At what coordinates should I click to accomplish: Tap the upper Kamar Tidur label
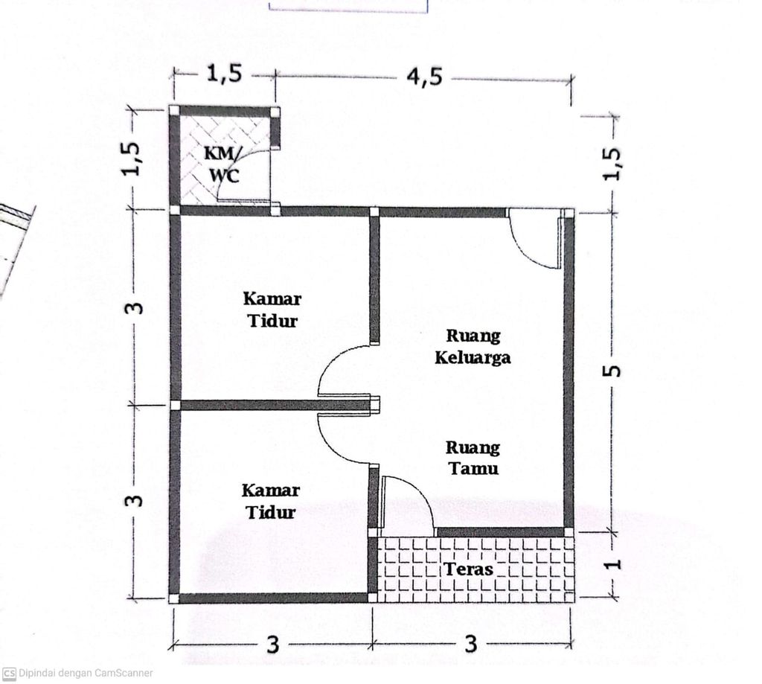tap(272, 310)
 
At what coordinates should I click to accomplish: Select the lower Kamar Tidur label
tap(270, 501)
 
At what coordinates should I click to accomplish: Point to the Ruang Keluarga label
tap(473, 347)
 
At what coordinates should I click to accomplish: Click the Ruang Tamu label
tap(473, 458)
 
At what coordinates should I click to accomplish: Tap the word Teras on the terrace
tap(469, 569)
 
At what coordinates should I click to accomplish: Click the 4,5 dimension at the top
tap(424, 77)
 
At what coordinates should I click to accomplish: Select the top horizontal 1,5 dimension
tap(224, 73)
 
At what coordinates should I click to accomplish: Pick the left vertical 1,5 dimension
tap(132, 158)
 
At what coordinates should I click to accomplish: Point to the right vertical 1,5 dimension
tap(612, 164)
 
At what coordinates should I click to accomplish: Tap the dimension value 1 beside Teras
tap(614, 563)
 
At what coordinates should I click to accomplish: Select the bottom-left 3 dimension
tap(273, 645)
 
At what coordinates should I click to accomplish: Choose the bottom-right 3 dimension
tap(470, 644)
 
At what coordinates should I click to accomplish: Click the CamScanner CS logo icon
tap(9, 674)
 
